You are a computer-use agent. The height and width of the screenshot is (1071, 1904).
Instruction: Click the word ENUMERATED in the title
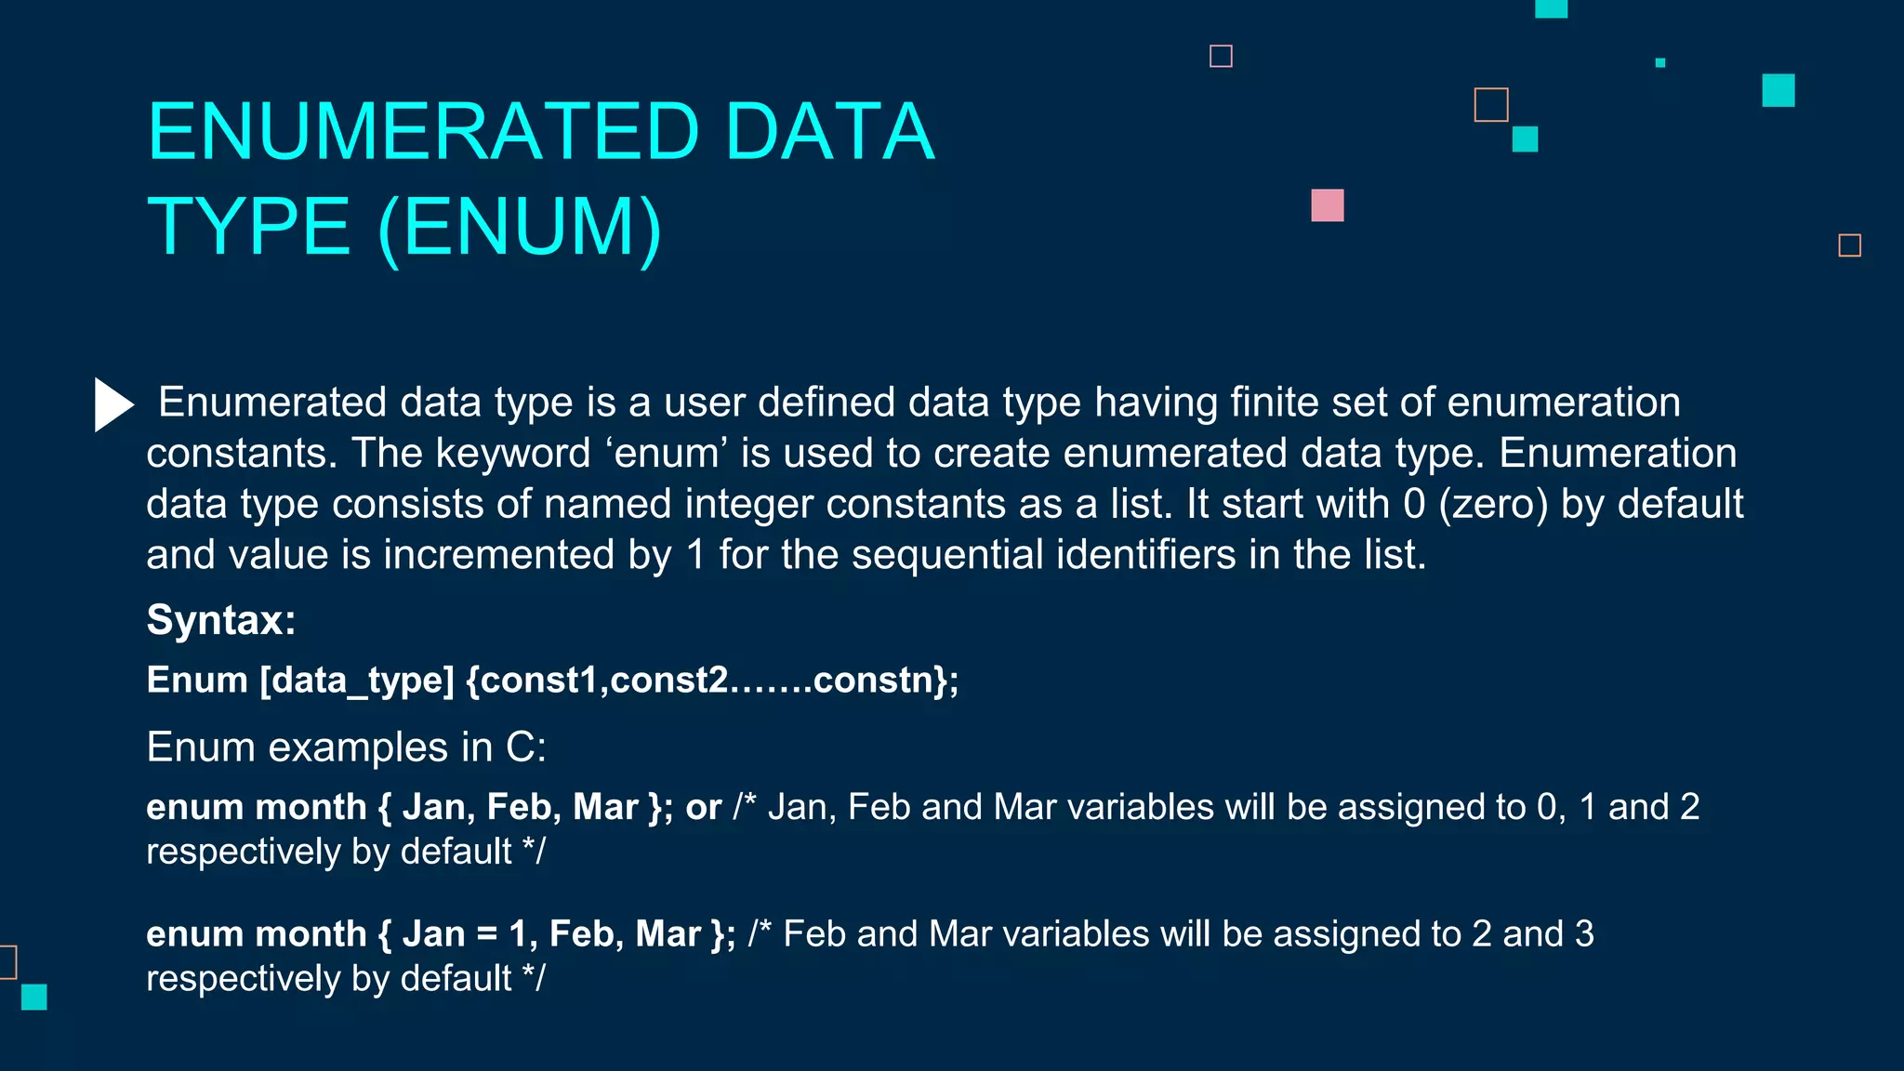(x=423, y=132)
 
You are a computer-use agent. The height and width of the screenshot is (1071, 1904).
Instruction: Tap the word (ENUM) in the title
(x=520, y=227)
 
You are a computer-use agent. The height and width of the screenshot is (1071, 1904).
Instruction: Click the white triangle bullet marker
(x=113, y=404)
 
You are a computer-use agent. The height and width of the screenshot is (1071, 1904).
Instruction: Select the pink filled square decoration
(x=1327, y=205)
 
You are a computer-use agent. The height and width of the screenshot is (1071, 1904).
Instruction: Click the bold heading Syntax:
(x=221, y=620)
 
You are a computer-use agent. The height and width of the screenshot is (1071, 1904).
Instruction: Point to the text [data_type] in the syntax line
(x=357, y=681)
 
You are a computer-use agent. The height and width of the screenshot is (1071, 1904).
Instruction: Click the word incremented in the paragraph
(x=499, y=555)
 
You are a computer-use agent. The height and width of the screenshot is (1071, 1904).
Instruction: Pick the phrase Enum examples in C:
(x=347, y=747)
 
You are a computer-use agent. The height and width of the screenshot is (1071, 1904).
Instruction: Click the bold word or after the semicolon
(x=703, y=807)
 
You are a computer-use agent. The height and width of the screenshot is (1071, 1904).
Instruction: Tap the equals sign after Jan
(x=486, y=934)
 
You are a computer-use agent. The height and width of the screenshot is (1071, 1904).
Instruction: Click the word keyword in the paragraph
(x=513, y=454)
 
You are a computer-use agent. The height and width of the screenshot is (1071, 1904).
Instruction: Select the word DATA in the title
(x=828, y=132)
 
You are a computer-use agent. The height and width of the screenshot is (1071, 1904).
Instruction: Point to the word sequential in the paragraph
(x=947, y=555)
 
